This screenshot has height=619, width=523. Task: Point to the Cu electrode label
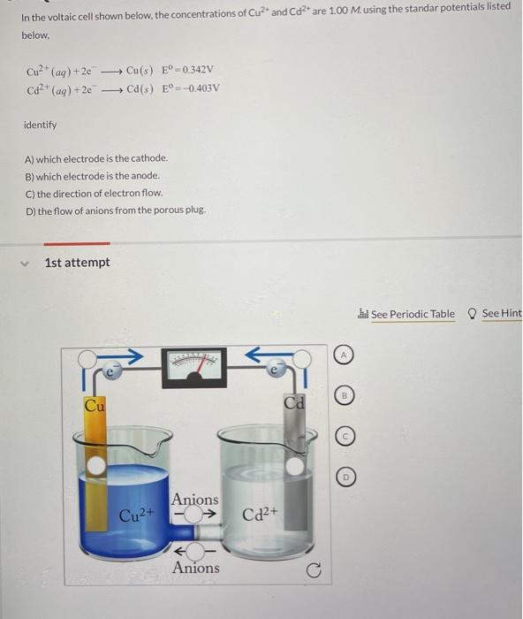click(94, 406)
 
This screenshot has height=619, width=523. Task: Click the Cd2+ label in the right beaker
click(260, 514)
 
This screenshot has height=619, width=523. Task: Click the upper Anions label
click(194, 500)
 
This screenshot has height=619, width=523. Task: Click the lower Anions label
click(196, 568)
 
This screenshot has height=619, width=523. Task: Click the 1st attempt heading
click(77, 263)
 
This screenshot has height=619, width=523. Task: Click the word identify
click(40, 125)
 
